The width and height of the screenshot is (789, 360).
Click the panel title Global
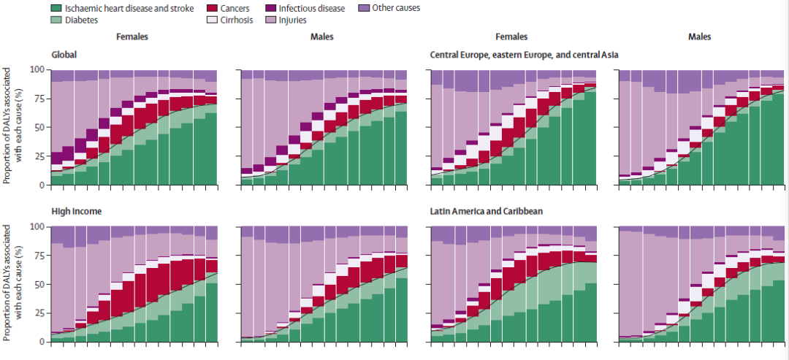(x=65, y=55)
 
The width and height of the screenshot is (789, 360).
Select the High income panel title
(x=76, y=212)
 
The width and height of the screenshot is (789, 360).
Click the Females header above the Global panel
(x=134, y=37)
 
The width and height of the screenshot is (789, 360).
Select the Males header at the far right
(x=698, y=37)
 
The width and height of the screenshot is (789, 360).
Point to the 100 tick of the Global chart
(x=38, y=69)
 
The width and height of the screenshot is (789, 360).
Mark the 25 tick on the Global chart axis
(x=40, y=156)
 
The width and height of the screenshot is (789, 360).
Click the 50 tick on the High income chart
(x=40, y=284)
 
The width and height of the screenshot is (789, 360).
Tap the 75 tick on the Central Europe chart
(x=419, y=98)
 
